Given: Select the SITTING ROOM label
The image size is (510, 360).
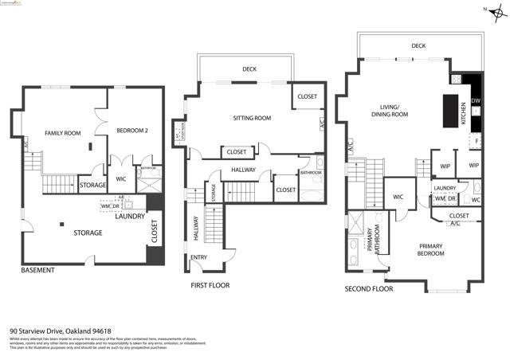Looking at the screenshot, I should click(252, 118).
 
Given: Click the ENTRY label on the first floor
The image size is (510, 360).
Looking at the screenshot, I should click(198, 257).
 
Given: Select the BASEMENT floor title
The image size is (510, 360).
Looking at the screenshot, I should click(37, 271).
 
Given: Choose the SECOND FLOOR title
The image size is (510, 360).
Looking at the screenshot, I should click(369, 289).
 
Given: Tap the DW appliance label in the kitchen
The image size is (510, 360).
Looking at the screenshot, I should click(475, 101).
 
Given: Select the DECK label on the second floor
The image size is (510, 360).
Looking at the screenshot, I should click(418, 46).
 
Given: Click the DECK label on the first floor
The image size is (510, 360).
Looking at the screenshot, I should click(249, 68).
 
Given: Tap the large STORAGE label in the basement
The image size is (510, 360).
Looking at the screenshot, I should click(88, 233).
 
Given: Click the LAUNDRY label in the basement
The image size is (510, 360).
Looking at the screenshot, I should click(129, 216).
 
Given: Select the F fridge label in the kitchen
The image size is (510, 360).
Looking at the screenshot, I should click(476, 140).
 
